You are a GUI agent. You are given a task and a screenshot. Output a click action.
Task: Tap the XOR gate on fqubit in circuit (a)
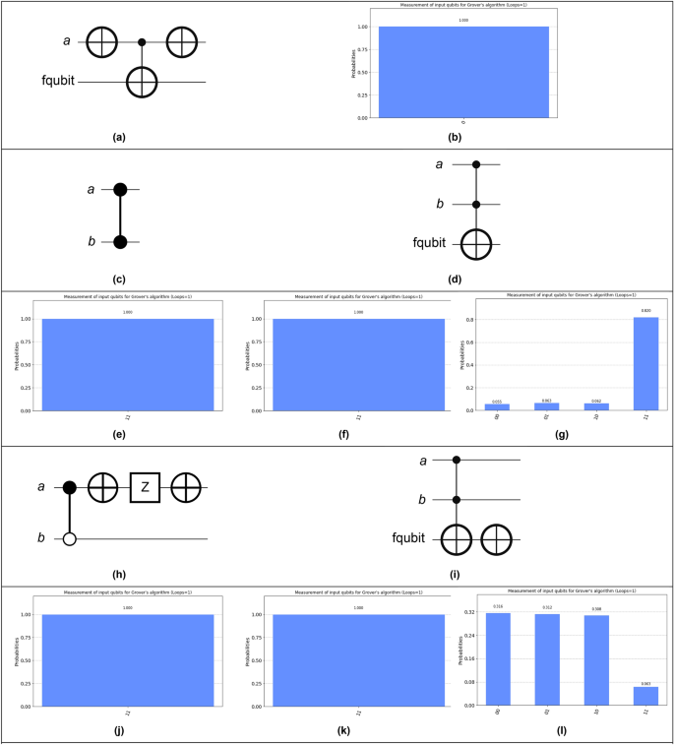[143, 83]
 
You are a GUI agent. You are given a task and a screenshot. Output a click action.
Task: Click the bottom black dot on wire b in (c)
[120, 241]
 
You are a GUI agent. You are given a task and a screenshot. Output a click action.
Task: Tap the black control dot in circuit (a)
[143, 43]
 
